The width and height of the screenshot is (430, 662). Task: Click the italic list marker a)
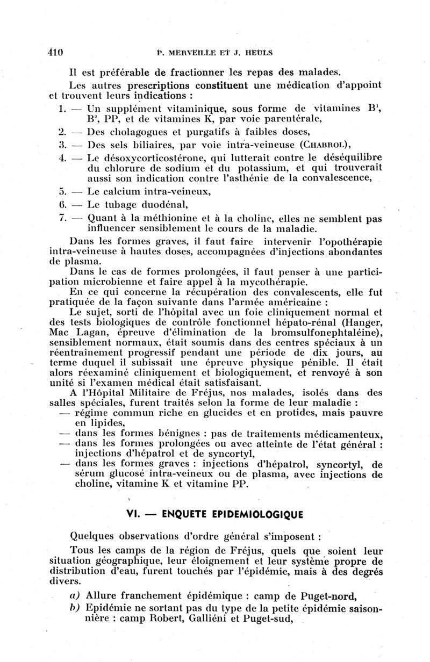[x=76, y=595]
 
